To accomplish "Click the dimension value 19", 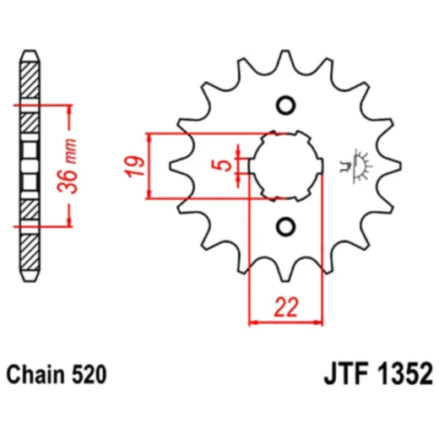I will (x=133, y=165).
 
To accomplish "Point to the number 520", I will (x=90, y=373).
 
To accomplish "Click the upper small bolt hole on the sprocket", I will (x=285, y=106).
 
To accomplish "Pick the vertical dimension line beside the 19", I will (x=149, y=165).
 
